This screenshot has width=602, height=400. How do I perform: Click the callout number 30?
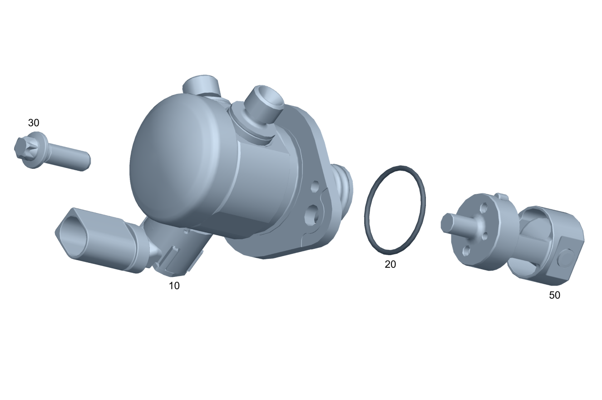coord(34,123)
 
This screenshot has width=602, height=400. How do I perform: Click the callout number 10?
coord(174,286)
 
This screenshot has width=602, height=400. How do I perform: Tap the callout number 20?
coord(390,265)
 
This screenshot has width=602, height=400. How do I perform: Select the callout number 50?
coord(554,295)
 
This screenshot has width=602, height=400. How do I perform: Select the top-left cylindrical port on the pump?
coord(201,86)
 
